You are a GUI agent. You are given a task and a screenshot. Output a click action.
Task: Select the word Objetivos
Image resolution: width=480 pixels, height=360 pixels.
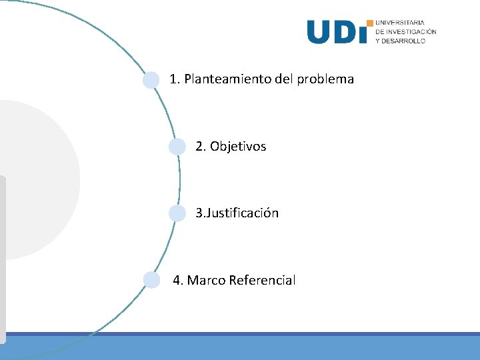pyautogui.click(x=238, y=147)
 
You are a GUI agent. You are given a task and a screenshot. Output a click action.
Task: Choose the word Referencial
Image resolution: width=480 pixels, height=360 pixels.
pyautogui.click(x=262, y=281)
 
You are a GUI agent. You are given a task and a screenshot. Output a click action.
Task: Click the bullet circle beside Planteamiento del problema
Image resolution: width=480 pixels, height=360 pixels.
pyautogui.click(x=151, y=80)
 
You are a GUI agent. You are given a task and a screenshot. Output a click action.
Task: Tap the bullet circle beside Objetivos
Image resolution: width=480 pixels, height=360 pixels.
pyautogui.click(x=177, y=147)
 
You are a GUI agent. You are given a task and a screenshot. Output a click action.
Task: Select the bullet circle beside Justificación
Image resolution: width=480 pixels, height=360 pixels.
pyautogui.click(x=177, y=213)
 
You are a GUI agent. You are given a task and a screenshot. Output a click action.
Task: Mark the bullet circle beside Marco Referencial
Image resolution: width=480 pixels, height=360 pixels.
pyautogui.click(x=152, y=280)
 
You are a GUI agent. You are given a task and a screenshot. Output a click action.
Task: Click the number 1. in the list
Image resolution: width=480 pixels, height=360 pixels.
pyautogui.click(x=175, y=79)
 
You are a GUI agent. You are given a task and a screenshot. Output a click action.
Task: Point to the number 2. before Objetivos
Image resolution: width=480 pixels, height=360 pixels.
pyautogui.click(x=201, y=147)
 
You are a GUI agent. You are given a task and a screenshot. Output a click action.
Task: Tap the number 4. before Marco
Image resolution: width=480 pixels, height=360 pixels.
pyautogui.click(x=178, y=281)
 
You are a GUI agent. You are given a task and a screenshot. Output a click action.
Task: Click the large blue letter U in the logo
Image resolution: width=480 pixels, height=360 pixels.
pyautogui.click(x=319, y=32)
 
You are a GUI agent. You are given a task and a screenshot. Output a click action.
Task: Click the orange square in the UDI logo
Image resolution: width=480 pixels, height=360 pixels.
pyautogui.click(x=370, y=23)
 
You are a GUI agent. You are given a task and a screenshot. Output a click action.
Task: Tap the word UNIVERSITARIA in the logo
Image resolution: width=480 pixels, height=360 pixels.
pyautogui.click(x=400, y=23)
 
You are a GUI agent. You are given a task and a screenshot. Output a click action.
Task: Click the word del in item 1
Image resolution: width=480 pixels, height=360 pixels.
pyautogui.click(x=284, y=79)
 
